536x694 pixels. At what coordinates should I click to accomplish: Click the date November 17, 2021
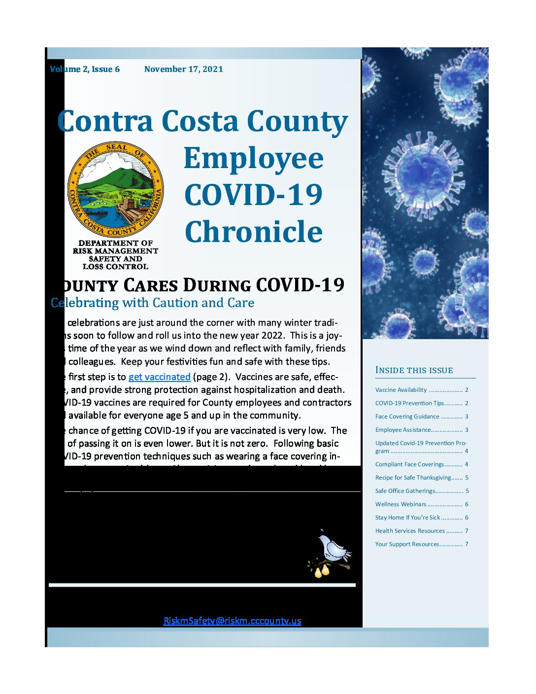click(x=183, y=69)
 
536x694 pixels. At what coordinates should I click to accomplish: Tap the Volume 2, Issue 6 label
click(x=85, y=69)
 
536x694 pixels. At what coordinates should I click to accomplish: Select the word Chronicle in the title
click(x=254, y=232)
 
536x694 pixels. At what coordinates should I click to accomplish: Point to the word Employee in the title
click(x=254, y=158)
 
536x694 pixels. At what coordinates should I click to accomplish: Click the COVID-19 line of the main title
click(x=254, y=195)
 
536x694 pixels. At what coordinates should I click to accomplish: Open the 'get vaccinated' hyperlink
click(x=159, y=377)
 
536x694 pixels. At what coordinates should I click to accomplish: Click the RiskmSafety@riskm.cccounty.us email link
click(x=232, y=621)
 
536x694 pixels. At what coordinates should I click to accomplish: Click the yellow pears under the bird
click(x=322, y=571)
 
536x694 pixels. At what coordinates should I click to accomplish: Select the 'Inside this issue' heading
click(x=414, y=370)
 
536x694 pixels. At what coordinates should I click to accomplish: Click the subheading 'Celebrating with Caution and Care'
click(x=153, y=303)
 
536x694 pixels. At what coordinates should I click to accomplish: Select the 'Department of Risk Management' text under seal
click(x=115, y=247)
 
